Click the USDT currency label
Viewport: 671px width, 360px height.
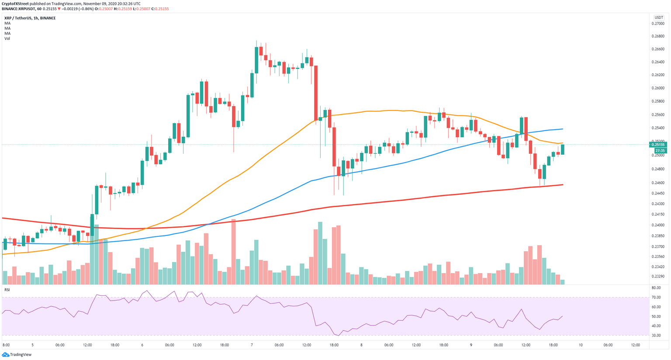pos(658,17)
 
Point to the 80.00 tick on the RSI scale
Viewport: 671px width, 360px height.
pos(656,288)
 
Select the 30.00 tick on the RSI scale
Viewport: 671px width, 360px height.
pos(656,336)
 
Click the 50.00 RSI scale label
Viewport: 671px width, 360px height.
pos(656,317)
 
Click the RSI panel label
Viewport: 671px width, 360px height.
pos(7,290)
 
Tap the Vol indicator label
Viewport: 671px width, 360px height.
pos(7,38)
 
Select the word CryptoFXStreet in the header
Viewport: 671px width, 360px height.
pos(16,3)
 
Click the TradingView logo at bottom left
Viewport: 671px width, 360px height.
pos(17,354)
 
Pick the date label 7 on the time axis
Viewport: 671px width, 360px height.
pos(252,345)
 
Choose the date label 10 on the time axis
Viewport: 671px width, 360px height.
pos(581,345)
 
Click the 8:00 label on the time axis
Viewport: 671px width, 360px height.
pos(6,345)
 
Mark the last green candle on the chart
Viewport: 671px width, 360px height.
pos(563,149)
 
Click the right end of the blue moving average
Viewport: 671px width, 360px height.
pos(562,129)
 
